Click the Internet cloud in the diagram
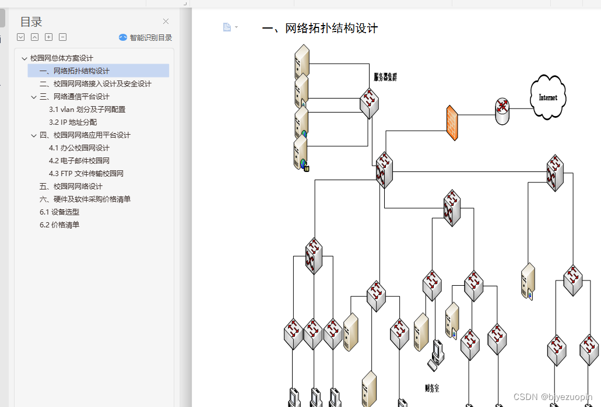547,97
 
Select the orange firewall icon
452,123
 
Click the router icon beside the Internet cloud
502,110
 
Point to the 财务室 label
432,387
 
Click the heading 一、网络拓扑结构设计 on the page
320,28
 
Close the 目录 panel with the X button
166,22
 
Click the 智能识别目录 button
146,37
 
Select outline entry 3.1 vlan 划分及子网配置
87,109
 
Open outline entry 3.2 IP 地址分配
73,122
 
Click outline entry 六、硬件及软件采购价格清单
85,199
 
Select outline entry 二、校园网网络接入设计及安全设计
95,83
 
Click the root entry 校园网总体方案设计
62,58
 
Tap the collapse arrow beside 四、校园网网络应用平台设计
34,135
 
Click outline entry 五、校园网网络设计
71,186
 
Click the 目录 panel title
31,22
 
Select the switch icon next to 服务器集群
369,103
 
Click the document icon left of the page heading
227,27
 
